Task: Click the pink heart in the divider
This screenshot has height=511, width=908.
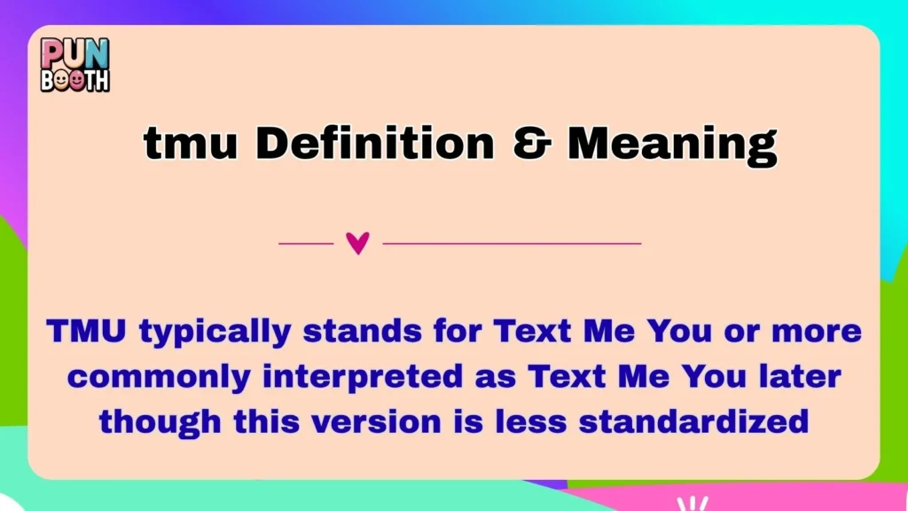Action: click(357, 242)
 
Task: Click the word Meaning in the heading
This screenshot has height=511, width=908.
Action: click(672, 144)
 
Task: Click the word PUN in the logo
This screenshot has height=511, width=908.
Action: click(75, 54)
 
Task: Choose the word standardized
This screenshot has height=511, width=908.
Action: click(693, 421)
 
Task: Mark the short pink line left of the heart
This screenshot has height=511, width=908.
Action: click(306, 242)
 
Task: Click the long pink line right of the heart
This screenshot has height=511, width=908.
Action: click(512, 242)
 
